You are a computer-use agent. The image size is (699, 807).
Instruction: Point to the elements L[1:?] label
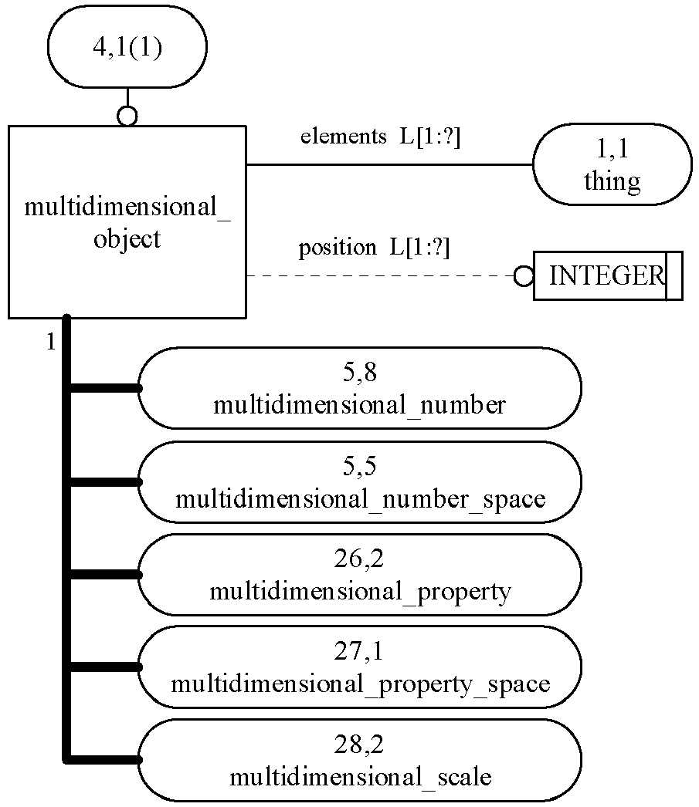point(380,137)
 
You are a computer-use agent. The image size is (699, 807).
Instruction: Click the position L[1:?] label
point(375,248)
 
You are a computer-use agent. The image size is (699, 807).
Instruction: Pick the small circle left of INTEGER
point(524,276)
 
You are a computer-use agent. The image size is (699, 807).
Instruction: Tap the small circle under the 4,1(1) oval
point(127,116)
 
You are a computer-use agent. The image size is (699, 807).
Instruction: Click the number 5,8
point(360,372)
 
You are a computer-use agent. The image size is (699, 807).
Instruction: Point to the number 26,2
point(359,559)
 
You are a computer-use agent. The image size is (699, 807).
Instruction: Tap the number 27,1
point(359,651)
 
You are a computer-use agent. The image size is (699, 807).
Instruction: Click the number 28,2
point(359,745)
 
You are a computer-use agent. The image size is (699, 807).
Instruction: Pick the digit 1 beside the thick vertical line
point(50,342)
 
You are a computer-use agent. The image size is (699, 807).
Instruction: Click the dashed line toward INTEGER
point(381,276)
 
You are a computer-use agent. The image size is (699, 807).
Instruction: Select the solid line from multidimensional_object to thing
point(389,164)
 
